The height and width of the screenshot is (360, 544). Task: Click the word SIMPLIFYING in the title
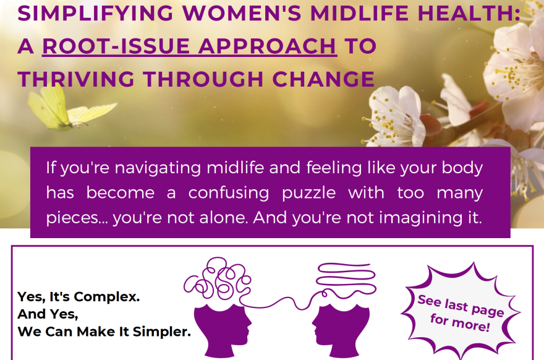click(x=95, y=13)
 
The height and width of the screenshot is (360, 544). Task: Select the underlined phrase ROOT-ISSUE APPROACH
click(x=189, y=46)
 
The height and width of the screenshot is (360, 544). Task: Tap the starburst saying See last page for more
click(x=461, y=312)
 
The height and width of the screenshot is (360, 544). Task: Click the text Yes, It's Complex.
click(x=79, y=297)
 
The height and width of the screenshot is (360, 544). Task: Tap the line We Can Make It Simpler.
click(x=104, y=332)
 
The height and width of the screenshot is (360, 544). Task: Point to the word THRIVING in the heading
click(x=76, y=79)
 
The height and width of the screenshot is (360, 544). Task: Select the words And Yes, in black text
click(x=48, y=314)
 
